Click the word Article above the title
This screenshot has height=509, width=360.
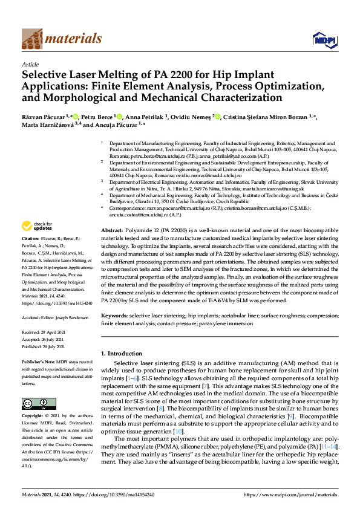click(30, 64)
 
